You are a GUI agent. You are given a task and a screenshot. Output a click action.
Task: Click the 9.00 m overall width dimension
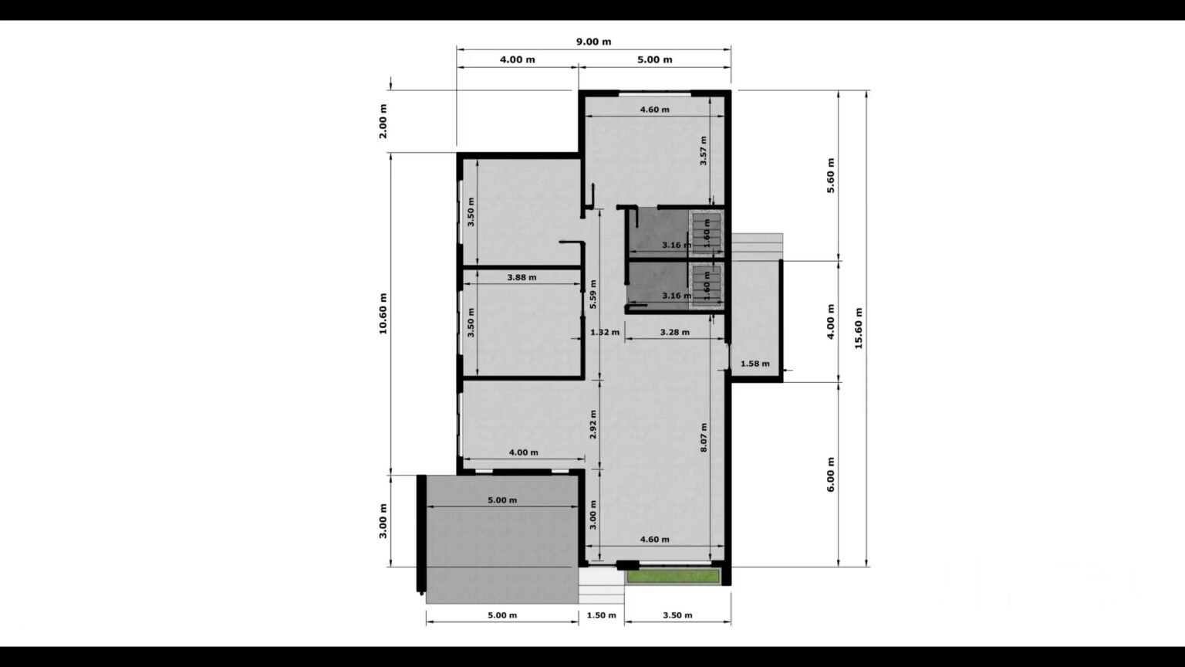(x=593, y=42)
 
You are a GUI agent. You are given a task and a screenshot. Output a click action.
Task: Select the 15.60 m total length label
(x=859, y=328)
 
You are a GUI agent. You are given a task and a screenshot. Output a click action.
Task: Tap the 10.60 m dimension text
(x=383, y=313)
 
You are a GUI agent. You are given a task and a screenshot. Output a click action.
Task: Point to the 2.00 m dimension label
(x=383, y=121)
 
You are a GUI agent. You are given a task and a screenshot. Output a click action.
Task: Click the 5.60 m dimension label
(x=831, y=175)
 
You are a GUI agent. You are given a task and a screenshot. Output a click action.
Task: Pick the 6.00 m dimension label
(x=831, y=474)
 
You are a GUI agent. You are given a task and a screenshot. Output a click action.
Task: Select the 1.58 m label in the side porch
(x=755, y=364)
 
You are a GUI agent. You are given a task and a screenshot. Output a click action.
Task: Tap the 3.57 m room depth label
(x=704, y=151)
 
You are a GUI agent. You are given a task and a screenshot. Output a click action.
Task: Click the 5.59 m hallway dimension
(x=593, y=294)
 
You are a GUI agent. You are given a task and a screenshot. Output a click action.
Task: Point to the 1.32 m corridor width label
(x=605, y=333)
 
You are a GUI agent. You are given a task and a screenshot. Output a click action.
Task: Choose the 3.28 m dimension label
(x=675, y=333)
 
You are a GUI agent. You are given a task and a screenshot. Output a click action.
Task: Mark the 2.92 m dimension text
(x=593, y=424)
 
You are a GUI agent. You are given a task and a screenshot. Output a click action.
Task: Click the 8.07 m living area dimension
(x=704, y=437)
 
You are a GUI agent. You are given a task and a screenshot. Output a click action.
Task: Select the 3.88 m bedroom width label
(x=522, y=277)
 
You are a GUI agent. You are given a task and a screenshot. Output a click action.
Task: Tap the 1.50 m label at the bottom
(x=602, y=615)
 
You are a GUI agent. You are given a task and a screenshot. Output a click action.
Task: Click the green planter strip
(x=673, y=577)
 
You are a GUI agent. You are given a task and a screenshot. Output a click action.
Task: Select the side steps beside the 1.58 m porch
(x=757, y=246)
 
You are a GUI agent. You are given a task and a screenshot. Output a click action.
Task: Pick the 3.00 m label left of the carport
(x=383, y=521)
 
